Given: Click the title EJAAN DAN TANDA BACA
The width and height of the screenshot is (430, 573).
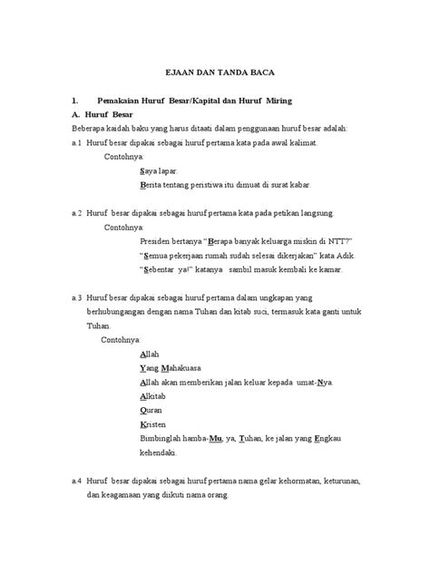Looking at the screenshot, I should (x=214, y=74).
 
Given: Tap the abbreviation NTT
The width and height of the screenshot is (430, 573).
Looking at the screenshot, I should (x=337, y=242).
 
